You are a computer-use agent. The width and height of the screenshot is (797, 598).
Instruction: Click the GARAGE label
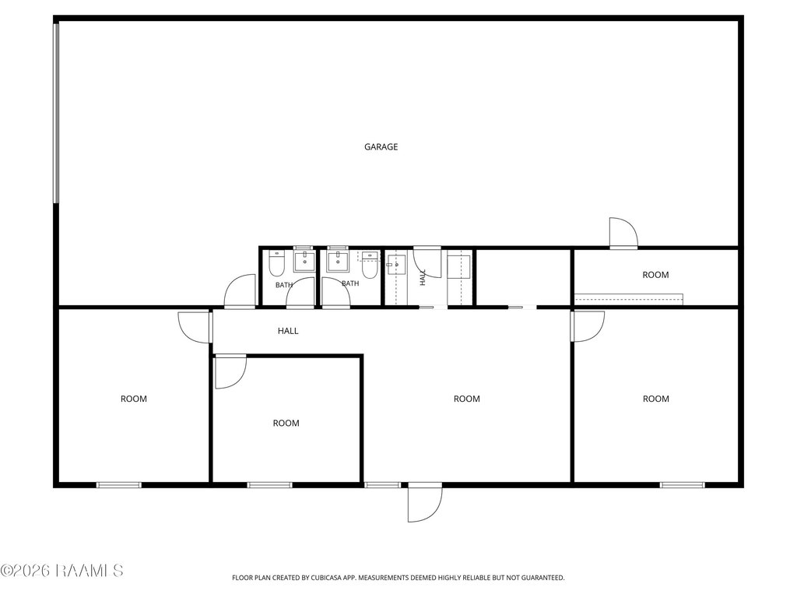[381, 147]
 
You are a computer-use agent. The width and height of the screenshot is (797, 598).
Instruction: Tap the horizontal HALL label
[288, 331]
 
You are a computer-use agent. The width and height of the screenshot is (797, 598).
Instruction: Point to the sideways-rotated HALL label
[423, 277]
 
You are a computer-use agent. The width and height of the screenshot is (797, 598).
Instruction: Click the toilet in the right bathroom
[370, 265]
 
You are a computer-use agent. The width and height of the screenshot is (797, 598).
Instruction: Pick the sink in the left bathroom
[304, 261]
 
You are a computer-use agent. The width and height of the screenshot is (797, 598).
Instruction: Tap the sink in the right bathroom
[338, 261]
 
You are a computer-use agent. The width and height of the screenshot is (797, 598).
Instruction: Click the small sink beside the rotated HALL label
[395, 265]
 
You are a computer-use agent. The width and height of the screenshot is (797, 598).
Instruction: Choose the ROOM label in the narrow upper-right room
[655, 275]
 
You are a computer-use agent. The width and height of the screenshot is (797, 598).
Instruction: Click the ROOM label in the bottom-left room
[134, 399]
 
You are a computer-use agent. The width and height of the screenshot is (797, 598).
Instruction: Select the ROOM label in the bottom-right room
[655, 399]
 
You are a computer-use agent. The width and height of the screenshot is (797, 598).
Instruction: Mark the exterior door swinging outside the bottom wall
[425, 502]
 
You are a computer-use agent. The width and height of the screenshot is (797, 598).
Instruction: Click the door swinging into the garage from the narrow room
[623, 233]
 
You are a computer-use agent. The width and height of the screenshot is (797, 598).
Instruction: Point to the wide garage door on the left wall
[56, 113]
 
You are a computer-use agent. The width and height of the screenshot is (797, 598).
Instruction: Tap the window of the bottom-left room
[119, 485]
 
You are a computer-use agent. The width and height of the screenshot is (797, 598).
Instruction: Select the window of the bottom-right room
[682, 485]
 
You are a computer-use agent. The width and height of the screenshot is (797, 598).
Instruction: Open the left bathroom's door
[300, 294]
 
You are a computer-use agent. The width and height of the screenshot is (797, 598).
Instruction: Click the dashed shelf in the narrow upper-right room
[628, 300]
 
